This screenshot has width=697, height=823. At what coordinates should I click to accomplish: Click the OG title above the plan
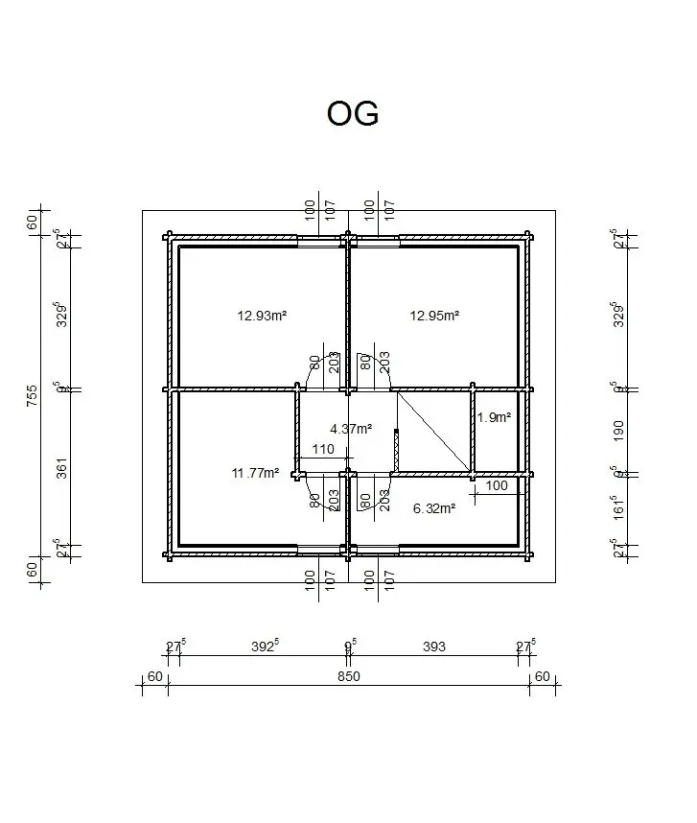coord(353,113)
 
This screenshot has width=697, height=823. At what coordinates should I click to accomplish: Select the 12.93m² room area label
coord(264,315)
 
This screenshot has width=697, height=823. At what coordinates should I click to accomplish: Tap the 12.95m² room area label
coord(435,315)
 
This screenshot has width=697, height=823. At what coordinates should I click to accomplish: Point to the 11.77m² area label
coord(255,472)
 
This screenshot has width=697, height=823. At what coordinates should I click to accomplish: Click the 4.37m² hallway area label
coord(351,429)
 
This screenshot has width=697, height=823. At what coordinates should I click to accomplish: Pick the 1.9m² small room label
coord(494,417)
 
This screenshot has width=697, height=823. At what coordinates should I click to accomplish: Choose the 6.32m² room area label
coord(433,507)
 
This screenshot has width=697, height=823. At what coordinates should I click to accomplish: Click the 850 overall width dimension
coord(348,676)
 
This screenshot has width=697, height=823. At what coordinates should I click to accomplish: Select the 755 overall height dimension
coord(33,396)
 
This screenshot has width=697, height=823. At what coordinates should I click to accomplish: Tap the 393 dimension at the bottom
coord(434,647)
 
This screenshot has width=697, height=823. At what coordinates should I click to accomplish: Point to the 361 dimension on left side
coord(62,470)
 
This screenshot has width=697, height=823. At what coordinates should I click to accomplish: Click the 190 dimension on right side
coord(618,430)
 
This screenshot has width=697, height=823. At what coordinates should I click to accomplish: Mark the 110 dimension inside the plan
coord(323,449)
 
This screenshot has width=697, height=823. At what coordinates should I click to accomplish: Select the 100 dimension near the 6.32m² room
coord(497,486)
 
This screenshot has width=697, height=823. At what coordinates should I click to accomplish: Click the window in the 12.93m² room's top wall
coord(320,241)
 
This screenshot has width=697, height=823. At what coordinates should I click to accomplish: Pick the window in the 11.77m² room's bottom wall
coord(320,550)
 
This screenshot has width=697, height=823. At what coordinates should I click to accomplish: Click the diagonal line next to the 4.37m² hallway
coord(433,432)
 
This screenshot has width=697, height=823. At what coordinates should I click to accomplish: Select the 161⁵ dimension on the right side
coord(618,506)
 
